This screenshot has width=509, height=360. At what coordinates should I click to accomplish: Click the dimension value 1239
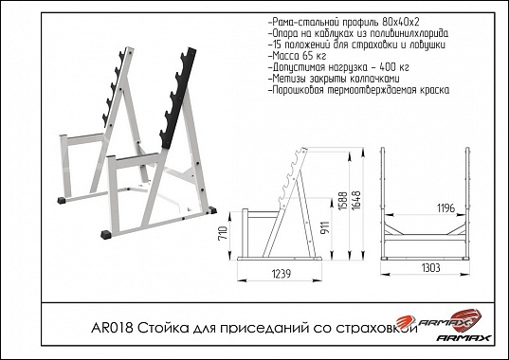point(281,274)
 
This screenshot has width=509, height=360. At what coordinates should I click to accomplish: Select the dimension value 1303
point(430,268)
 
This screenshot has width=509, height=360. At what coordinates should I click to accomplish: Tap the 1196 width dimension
point(445,207)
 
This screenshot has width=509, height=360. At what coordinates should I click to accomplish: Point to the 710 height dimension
point(224,234)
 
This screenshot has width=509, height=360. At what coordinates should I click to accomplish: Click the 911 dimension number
point(326,227)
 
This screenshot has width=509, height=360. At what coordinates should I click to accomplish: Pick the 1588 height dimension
point(343,201)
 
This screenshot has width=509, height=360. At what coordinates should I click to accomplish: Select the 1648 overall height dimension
point(356,200)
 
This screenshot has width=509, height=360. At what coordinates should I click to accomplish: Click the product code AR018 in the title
point(112,328)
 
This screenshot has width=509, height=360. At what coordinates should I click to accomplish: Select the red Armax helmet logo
point(465,317)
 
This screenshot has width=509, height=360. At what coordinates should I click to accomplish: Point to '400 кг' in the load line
point(394,67)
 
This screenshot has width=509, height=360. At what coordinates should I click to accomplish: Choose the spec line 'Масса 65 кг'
point(298,56)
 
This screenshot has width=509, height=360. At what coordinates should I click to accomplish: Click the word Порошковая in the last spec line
point(296,90)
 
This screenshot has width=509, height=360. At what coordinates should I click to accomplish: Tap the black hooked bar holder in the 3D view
point(178,98)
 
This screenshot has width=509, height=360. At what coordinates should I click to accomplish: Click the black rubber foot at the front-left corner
point(106,235)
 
